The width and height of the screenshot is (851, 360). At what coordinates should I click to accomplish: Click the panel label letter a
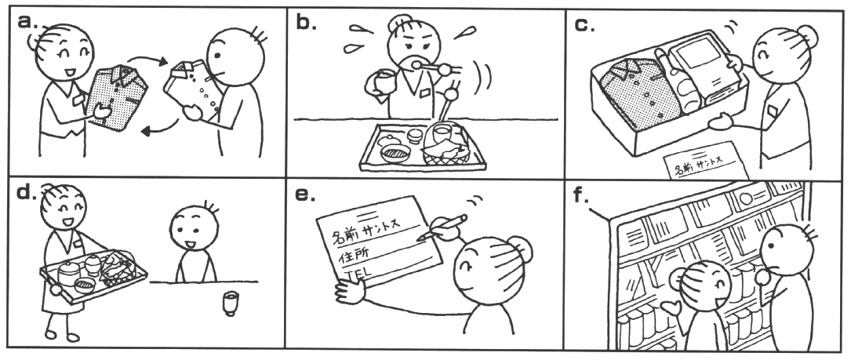25,22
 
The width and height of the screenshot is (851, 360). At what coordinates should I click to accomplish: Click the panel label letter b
306,22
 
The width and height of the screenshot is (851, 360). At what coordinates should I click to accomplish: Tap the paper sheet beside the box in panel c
706,161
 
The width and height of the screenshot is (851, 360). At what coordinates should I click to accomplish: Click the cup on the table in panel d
230,304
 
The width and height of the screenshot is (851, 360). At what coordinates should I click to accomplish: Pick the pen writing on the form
442,227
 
